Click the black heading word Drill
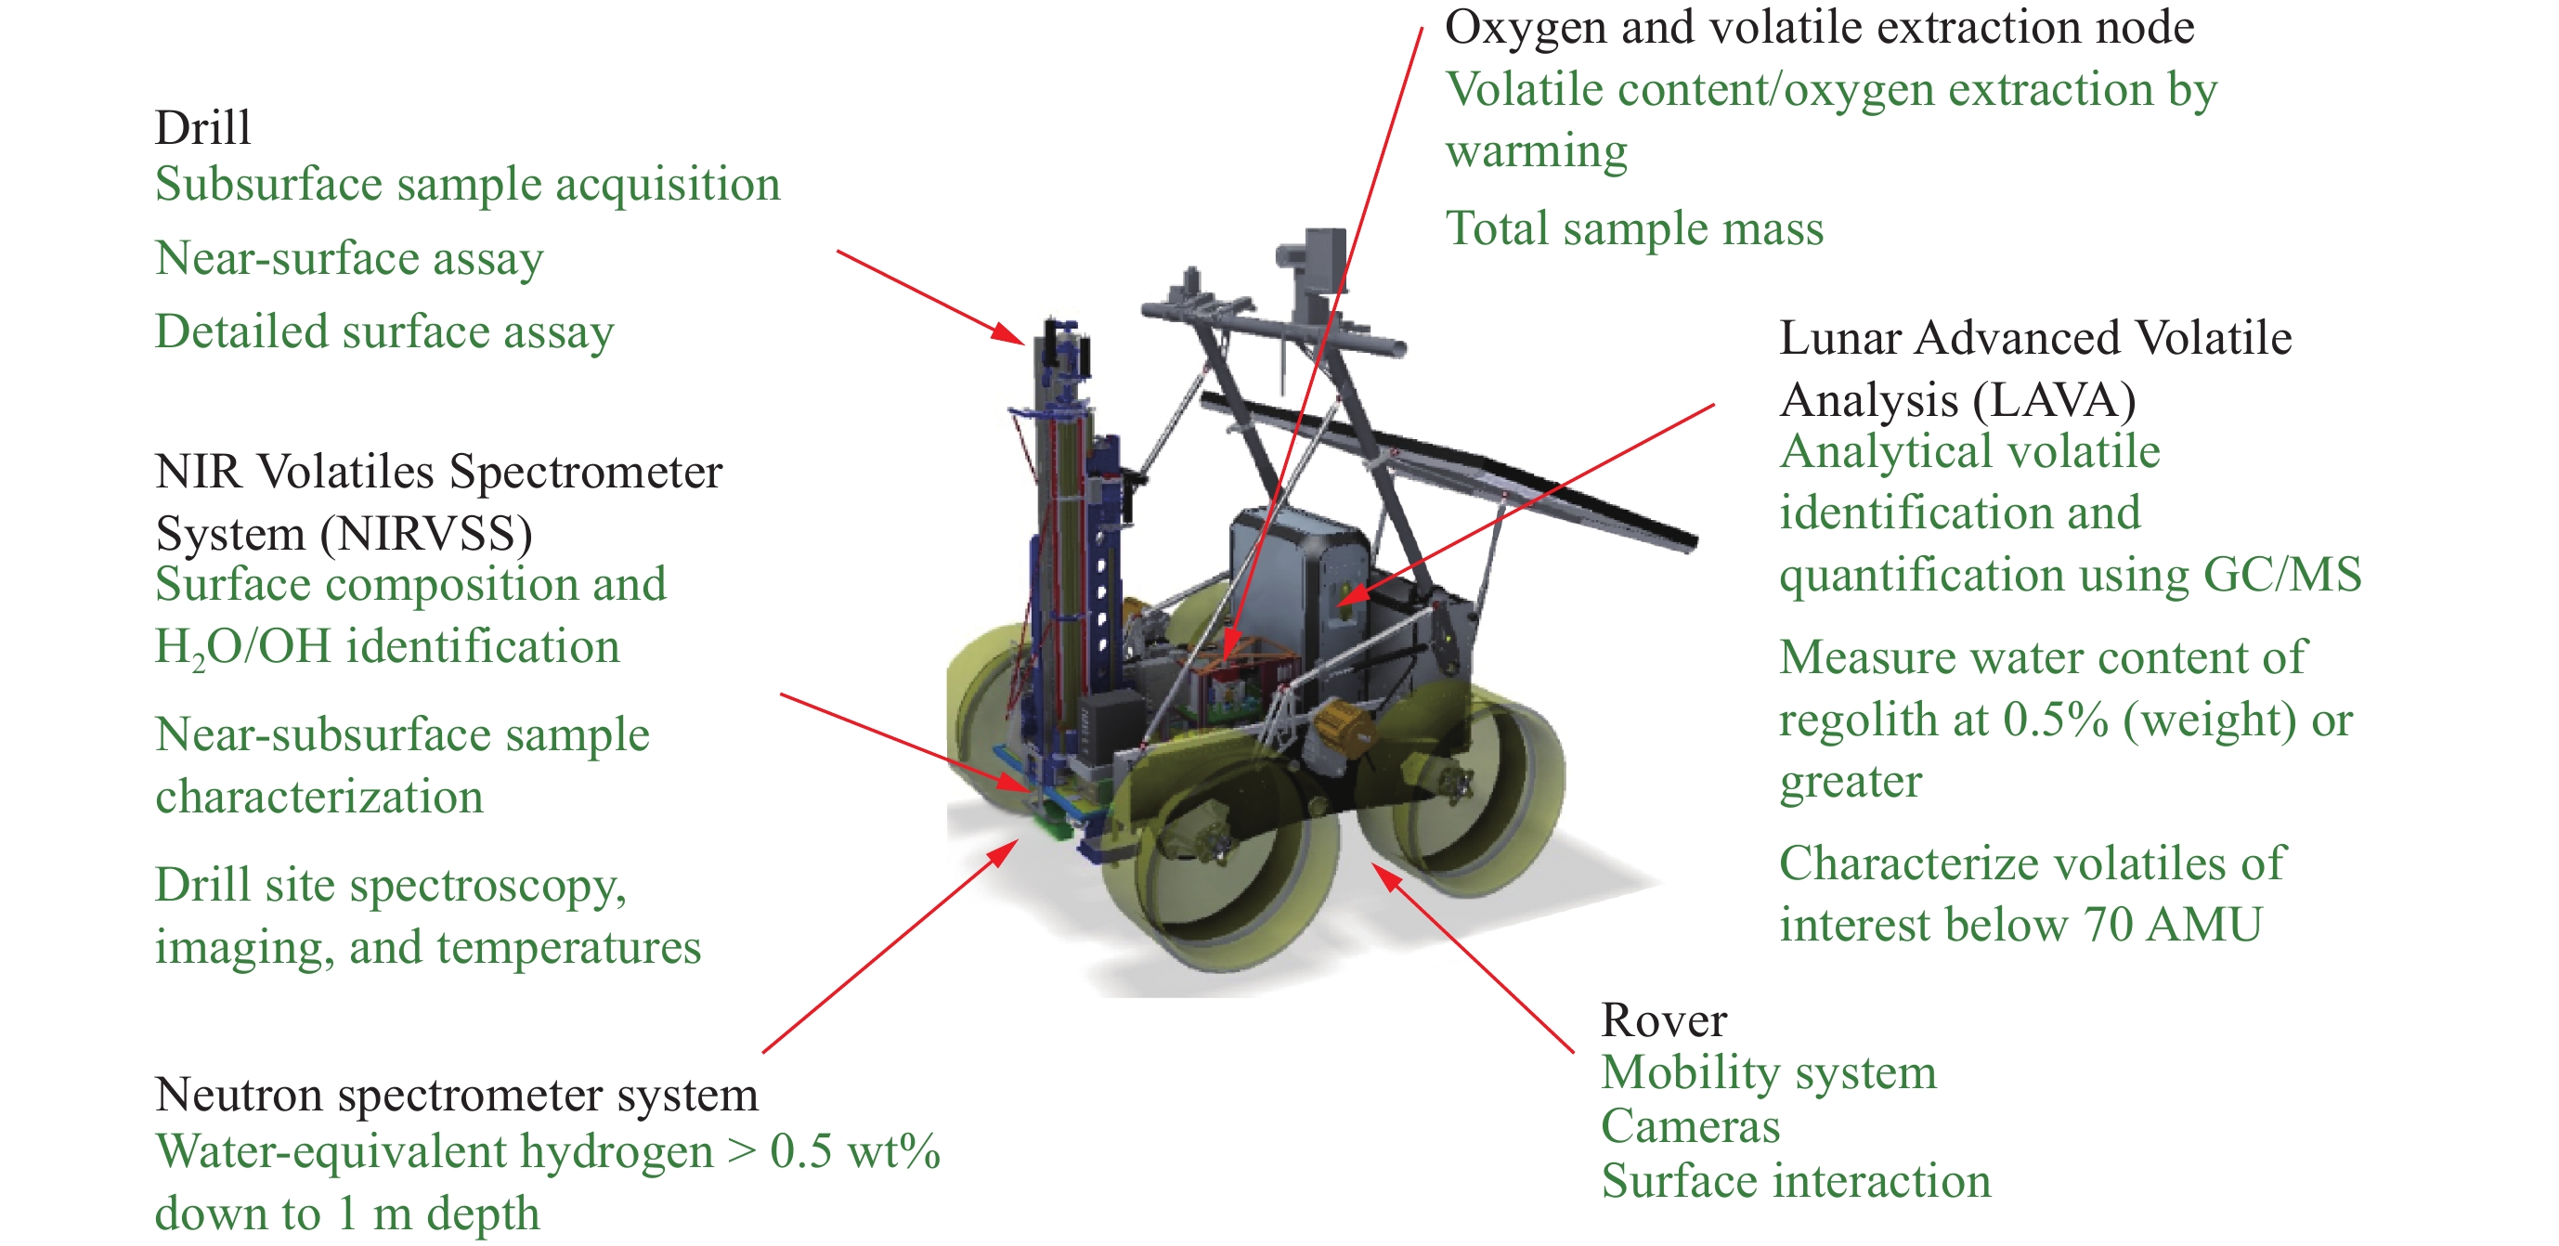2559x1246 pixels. (202, 127)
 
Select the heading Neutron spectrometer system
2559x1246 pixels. (457, 1095)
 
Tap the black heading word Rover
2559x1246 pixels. (1664, 1020)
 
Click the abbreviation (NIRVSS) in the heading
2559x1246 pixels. (426, 535)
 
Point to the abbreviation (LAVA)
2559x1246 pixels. (2053, 400)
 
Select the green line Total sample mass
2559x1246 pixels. (1634, 228)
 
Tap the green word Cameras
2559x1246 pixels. (1690, 1127)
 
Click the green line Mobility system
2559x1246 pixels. (1769, 1073)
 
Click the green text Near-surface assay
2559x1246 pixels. (350, 258)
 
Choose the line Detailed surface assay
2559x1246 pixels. (384, 331)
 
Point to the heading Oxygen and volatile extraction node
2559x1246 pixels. (1819, 27)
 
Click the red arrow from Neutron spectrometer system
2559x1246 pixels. (891, 946)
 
